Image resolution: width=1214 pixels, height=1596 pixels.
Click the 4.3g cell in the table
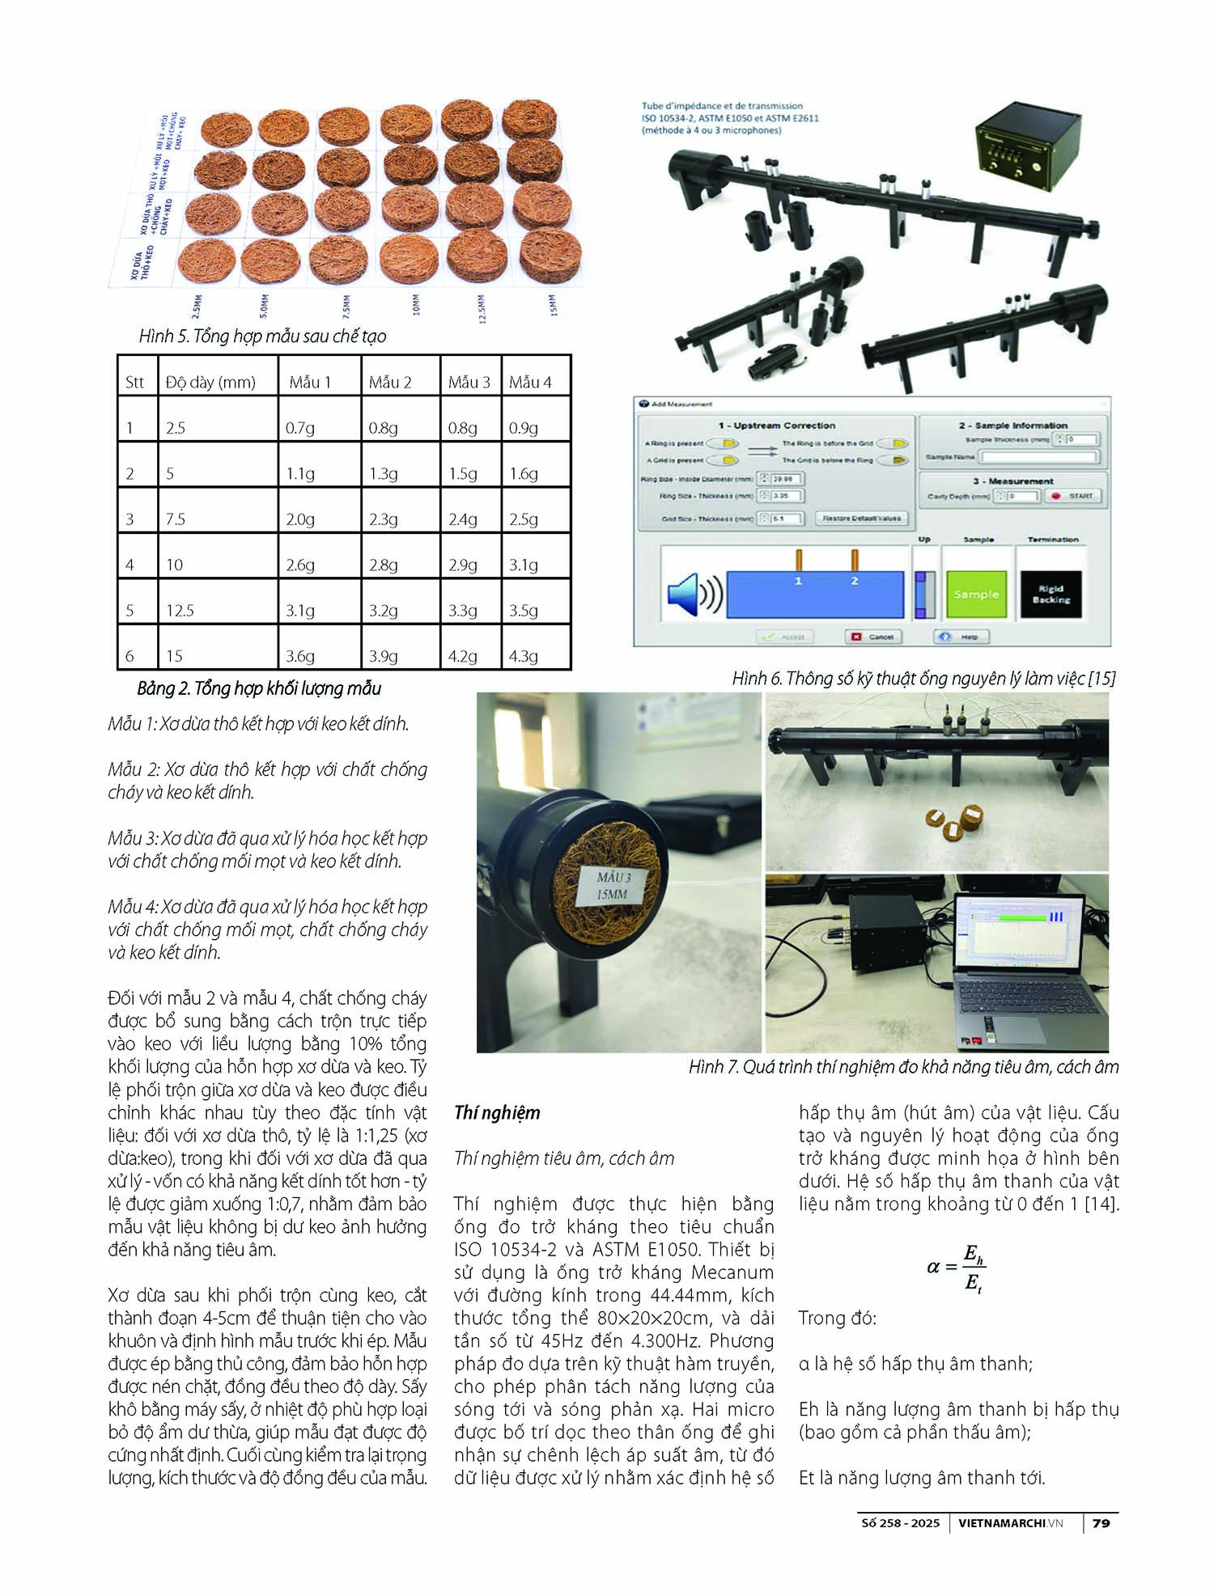click(x=524, y=656)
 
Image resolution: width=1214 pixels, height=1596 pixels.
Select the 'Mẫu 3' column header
click(x=469, y=383)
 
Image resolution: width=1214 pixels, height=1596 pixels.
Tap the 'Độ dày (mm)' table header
click(x=210, y=383)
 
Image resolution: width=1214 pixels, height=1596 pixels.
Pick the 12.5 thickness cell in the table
click(x=180, y=611)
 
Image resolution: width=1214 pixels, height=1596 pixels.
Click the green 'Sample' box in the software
click(x=976, y=595)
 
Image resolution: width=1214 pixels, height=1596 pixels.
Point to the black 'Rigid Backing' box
click(x=1051, y=595)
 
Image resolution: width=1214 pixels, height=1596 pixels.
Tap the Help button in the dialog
click(x=961, y=637)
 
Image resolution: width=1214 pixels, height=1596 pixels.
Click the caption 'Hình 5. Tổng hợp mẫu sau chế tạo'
click(x=262, y=337)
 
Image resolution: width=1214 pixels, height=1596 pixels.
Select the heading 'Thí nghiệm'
click(x=497, y=1113)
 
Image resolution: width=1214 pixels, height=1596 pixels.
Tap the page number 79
click(x=1101, y=1522)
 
